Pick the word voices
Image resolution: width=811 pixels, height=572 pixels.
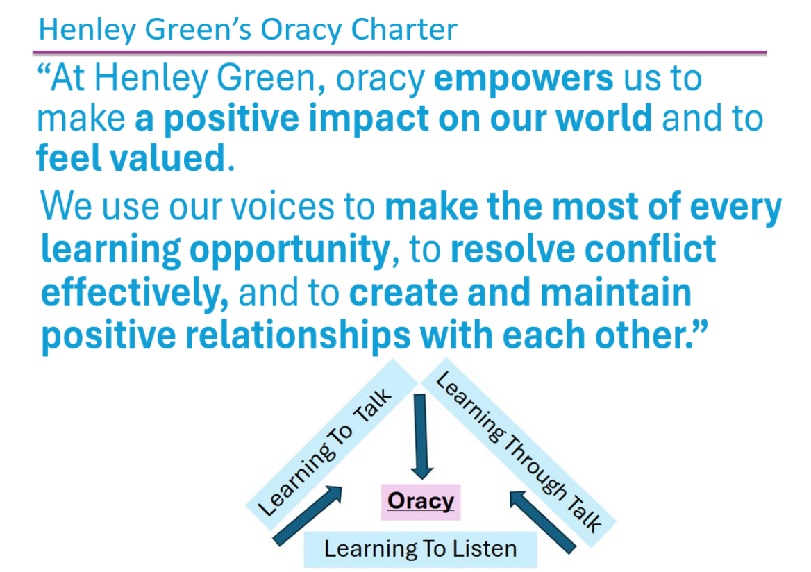point(282,207)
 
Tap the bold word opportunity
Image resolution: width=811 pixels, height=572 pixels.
point(290,251)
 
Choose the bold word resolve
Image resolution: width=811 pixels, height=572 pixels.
point(512,249)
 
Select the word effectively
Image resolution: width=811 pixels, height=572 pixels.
point(135,293)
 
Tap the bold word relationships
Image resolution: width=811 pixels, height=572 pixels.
point(298,337)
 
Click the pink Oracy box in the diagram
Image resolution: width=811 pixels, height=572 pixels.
point(421,501)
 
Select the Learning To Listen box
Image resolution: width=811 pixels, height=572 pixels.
point(421,548)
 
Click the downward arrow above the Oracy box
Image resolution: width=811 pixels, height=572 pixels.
point(421,437)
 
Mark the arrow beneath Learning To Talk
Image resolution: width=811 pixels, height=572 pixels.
point(308,516)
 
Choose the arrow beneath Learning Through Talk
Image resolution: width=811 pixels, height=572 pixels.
point(542,522)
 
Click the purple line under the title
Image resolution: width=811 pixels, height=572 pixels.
point(399,53)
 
